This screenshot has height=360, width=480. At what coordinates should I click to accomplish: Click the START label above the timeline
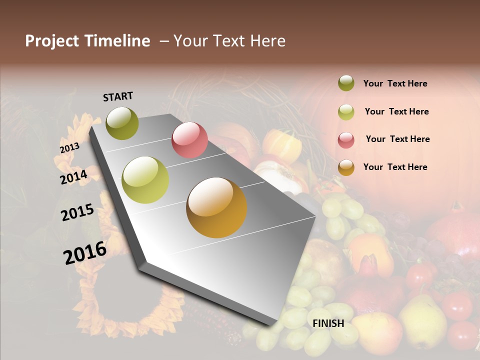click(x=118, y=96)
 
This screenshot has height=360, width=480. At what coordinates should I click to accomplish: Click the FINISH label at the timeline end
click(x=328, y=323)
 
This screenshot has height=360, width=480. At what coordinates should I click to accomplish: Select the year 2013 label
click(x=69, y=148)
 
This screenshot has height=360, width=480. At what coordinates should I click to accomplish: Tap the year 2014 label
click(x=73, y=177)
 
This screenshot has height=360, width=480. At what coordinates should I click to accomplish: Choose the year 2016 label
click(x=85, y=253)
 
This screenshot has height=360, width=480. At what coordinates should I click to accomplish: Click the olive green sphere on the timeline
click(x=122, y=123)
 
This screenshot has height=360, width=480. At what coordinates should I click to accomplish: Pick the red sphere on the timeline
click(x=189, y=140)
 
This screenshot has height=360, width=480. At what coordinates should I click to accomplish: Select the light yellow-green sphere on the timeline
click(x=145, y=180)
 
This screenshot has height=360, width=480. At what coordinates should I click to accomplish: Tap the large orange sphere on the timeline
click(x=216, y=207)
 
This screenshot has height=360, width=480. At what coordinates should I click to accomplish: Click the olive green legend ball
click(x=346, y=83)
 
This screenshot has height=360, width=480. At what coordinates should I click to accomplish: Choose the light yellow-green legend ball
click(x=346, y=112)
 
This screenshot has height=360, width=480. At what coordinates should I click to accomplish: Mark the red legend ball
click(x=346, y=140)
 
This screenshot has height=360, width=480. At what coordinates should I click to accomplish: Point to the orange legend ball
click(x=346, y=167)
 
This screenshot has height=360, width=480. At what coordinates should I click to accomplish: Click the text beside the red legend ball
click(x=397, y=139)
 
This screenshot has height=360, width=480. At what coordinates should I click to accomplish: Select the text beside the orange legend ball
click(x=395, y=167)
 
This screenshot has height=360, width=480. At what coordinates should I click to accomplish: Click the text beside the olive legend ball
click(x=395, y=83)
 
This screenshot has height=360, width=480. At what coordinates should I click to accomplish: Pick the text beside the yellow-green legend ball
click(x=396, y=111)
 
